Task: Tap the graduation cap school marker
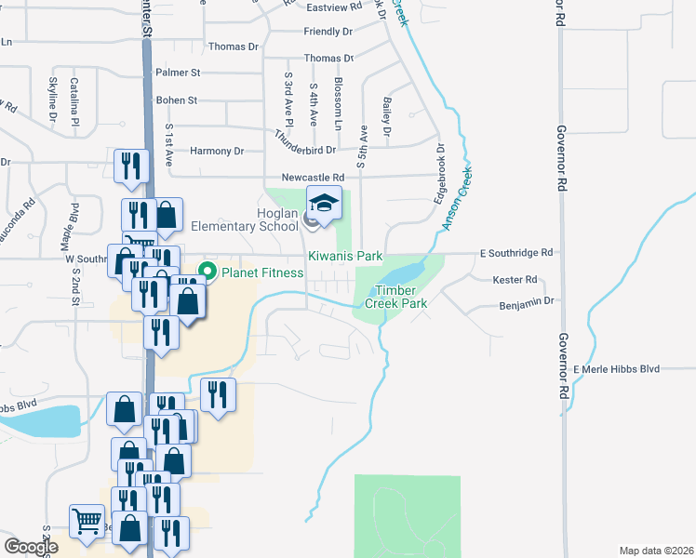323,202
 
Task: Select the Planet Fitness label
261,272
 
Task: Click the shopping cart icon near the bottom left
87,522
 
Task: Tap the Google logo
31,547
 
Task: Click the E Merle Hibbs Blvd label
616,369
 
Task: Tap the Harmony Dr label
216,151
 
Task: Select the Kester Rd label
518,279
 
